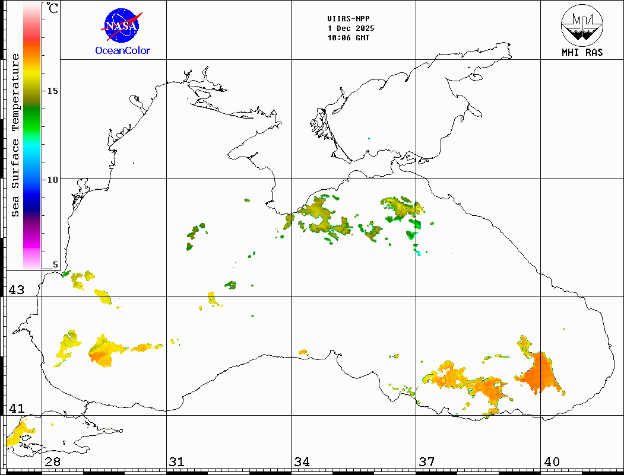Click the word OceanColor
[123, 51]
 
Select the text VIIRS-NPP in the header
[348, 19]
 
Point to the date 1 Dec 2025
[350, 28]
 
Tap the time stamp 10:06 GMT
[348, 38]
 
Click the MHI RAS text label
[582, 53]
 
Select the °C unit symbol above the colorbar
[53, 8]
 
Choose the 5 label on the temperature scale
[56, 265]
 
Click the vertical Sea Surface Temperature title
[16, 135]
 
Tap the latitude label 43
[16, 290]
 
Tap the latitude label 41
[16, 409]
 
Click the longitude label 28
[52, 462]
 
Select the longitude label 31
[176, 462]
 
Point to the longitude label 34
[302, 462]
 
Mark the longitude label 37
[426, 462]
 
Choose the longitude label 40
[552, 462]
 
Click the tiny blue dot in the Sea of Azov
[369, 139]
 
